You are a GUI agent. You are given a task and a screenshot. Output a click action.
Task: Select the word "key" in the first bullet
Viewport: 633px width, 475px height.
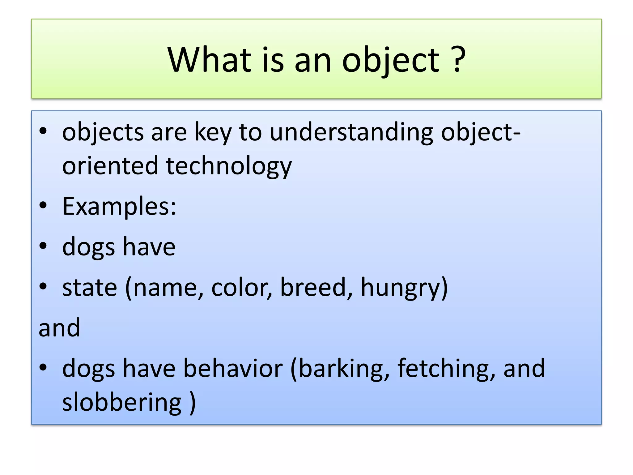point(213,133)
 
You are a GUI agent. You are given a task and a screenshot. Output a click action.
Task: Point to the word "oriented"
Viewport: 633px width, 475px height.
point(110,165)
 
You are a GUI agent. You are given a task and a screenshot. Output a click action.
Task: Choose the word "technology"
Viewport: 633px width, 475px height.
point(229,166)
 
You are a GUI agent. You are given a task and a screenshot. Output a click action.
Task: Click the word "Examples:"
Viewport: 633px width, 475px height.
point(119,206)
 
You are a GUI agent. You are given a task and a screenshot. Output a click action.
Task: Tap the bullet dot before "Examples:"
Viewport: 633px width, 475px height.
point(43,206)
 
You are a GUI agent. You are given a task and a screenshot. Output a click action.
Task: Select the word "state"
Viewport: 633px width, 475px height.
point(90,287)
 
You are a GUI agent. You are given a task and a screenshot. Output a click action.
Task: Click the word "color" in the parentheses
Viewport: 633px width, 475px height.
point(238,287)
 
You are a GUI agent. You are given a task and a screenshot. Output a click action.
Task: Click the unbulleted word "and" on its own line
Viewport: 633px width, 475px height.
point(59,327)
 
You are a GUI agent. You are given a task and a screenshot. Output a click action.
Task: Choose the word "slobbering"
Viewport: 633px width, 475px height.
point(122,402)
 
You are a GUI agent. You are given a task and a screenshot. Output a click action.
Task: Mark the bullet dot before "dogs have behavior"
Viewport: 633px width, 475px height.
point(43,367)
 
